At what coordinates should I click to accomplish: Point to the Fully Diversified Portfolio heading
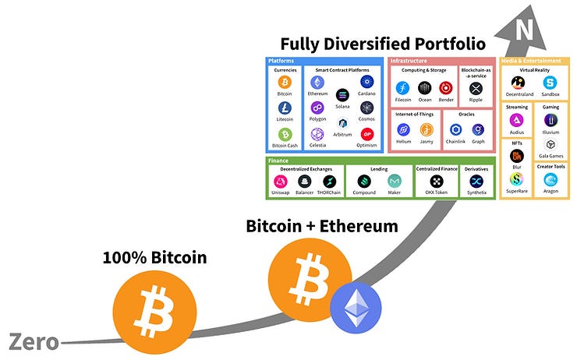pyautogui.click(x=383, y=44)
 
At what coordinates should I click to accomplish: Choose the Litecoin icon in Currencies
pyautogui.click(x=285, y=108)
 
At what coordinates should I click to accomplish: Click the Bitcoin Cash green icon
pyautogui.click(x=285, y=135)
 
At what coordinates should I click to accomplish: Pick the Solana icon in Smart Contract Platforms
pyautogui.click(x=341, y=94)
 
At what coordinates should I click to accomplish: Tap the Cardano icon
pyautogui.click(x=367, y=82)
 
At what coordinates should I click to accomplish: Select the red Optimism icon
pyautogui.click(x=367, y=134)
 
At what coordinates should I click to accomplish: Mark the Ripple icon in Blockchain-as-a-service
pyautogui.click(x=476, y=88)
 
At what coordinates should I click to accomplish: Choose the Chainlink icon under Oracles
pyautogui.click(x=456, y=129)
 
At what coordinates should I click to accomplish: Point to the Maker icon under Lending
pyautogui.click(x=395, y=181)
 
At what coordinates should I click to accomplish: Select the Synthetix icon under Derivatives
pyautogui.click(x=476, y=181)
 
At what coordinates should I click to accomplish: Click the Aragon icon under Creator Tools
pyautogui.click(x=550, y=179)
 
